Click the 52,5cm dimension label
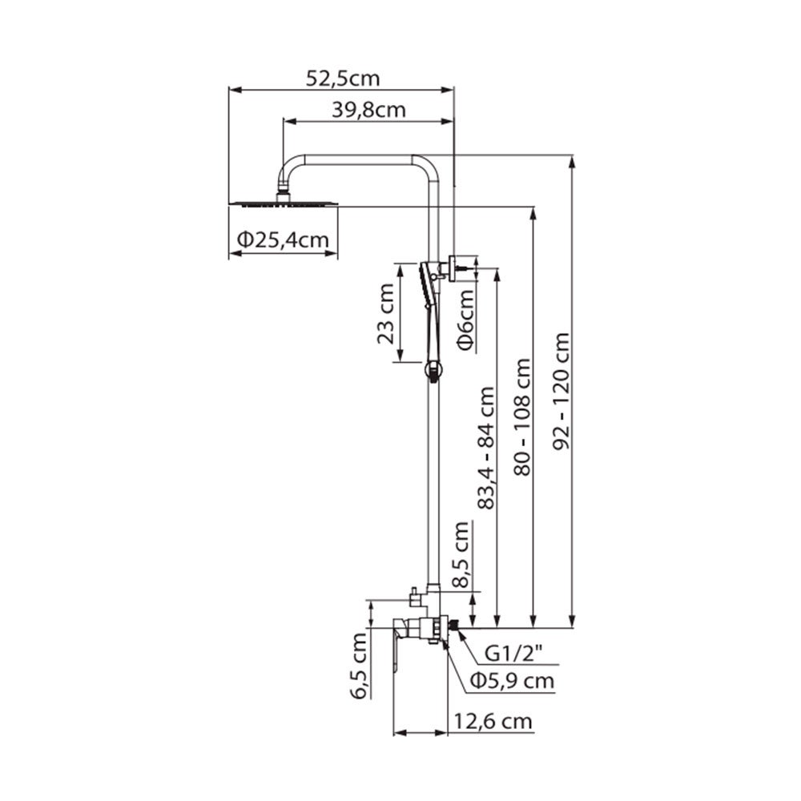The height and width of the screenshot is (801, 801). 343,78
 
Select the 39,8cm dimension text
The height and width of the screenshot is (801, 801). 368,111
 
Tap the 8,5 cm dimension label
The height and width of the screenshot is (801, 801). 462,555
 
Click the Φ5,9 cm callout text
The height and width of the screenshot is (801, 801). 512,681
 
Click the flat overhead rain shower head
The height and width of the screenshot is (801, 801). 283,204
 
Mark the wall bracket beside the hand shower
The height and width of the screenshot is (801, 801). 460,266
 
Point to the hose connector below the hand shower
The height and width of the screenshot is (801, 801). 432,370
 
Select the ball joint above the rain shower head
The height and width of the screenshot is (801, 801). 283,193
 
